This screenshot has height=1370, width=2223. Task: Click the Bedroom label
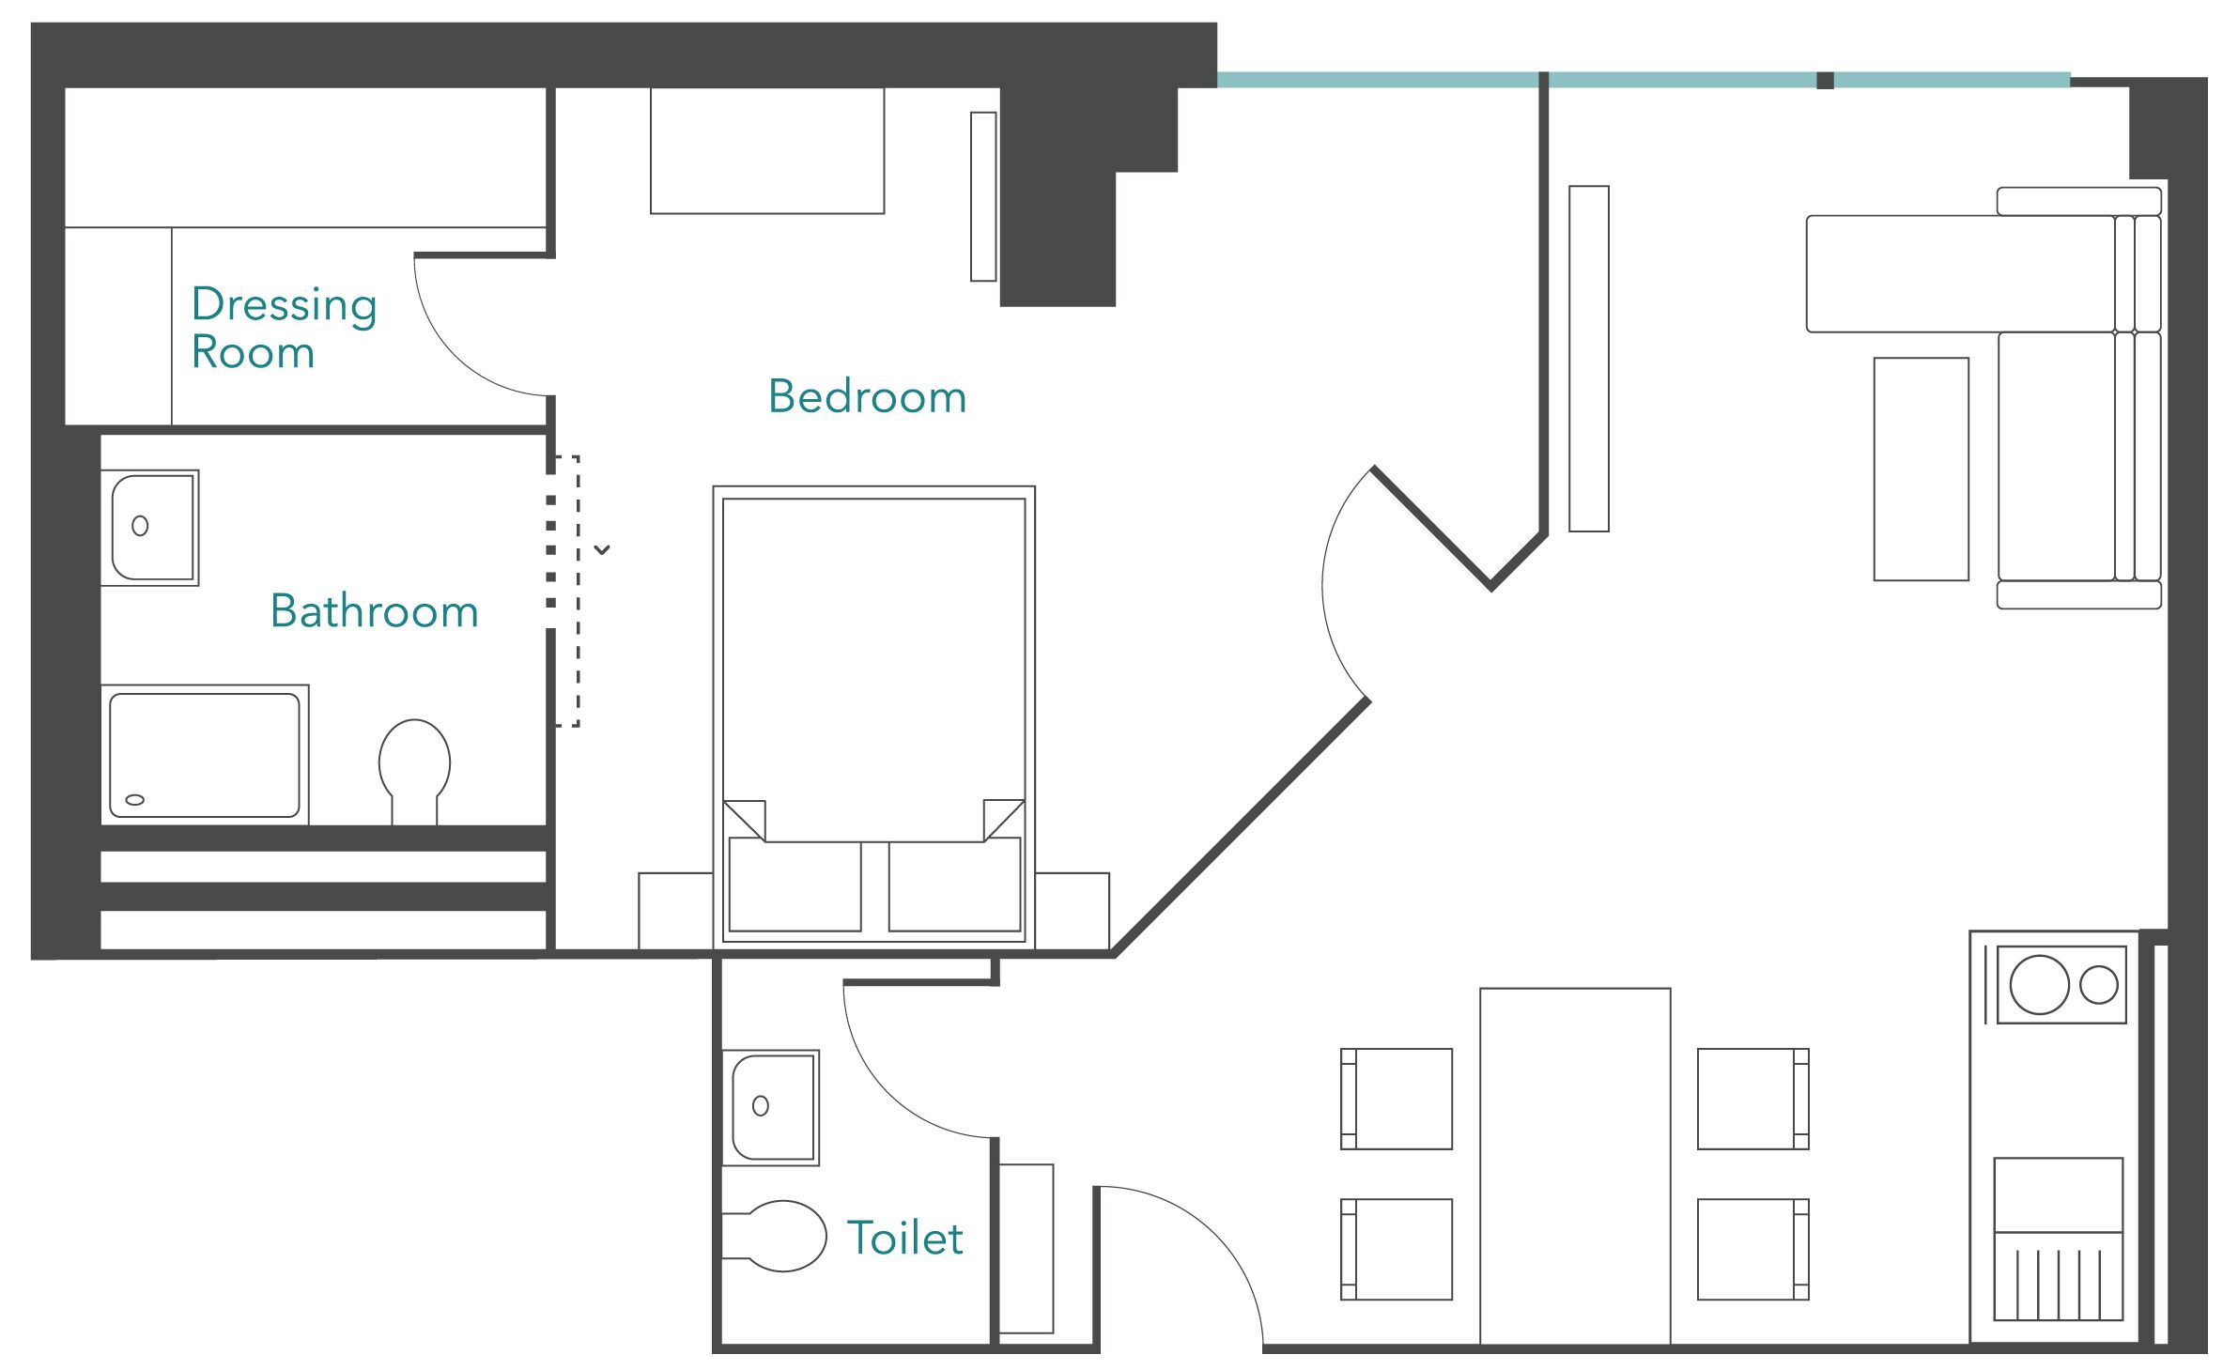click(867, 396)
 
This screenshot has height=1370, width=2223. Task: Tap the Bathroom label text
click(374, 611)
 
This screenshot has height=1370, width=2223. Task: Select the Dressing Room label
click(284, 328)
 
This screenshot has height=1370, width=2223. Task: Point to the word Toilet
click(904, 1238)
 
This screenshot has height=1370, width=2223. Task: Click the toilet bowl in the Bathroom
click(414, 772)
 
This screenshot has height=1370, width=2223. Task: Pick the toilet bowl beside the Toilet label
click(774, 1236)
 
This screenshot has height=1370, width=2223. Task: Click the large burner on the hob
click(2039, 985)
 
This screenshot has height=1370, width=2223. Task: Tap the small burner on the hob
click(2098, 985)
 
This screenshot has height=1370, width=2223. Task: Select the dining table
click(1575, 1166)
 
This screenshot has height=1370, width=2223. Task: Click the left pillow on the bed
click(795, 885)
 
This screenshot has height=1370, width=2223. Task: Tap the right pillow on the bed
click(954, 885)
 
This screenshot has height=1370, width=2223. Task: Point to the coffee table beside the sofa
click(1921, 469)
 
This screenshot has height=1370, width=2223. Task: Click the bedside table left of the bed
click(676, 911)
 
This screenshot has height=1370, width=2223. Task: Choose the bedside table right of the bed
click(1073, 911)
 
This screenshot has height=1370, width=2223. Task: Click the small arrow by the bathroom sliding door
click(602, 550)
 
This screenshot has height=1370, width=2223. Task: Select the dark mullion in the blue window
click(1825, 81)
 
